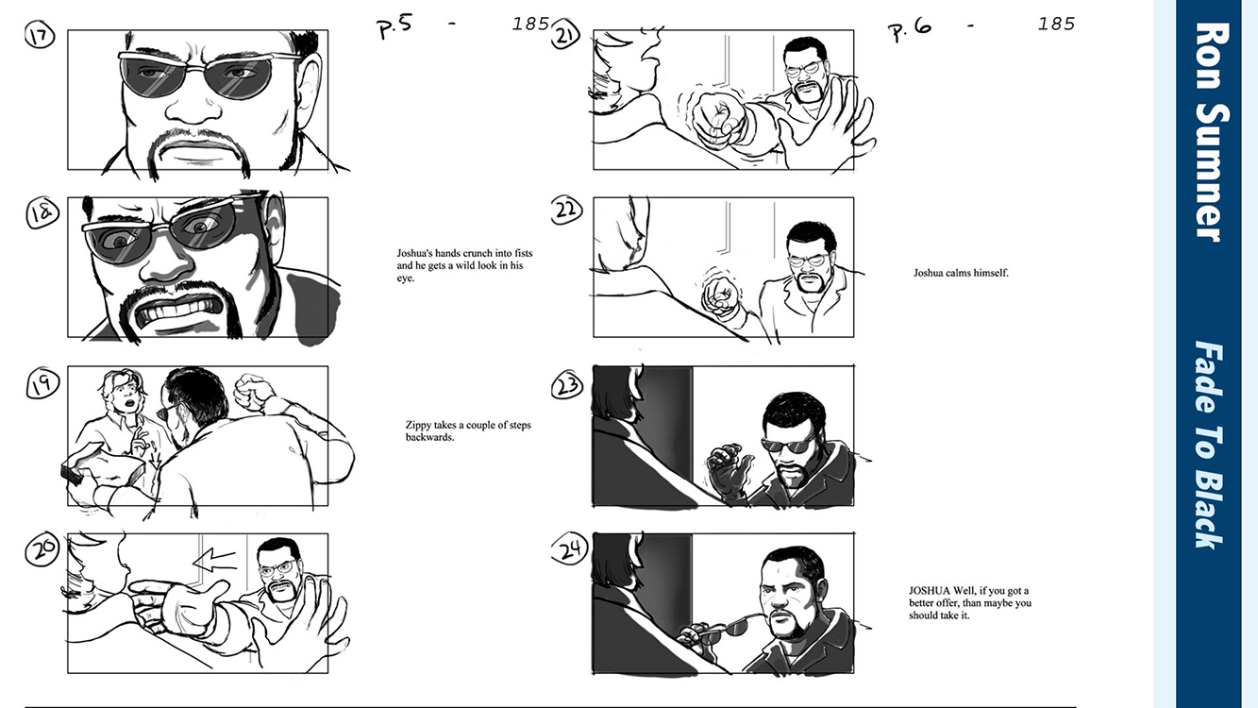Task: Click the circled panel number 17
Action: click(x=40, y=36)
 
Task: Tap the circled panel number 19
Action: click(x=42, y=385)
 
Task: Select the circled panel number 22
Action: click(x=566, y=211)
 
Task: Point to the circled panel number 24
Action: click(x=569, y=549)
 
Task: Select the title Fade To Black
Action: click(x=1209, y=445)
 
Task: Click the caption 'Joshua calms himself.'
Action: click(x=961, y=273)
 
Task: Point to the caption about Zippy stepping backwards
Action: click(x=468, y=431)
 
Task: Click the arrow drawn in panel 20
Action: click(x=214, y=559)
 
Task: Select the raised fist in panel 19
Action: click(x=254, y=393)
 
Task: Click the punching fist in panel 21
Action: click(x=719, y=119)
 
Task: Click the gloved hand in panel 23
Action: click(x=729, y=471)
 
